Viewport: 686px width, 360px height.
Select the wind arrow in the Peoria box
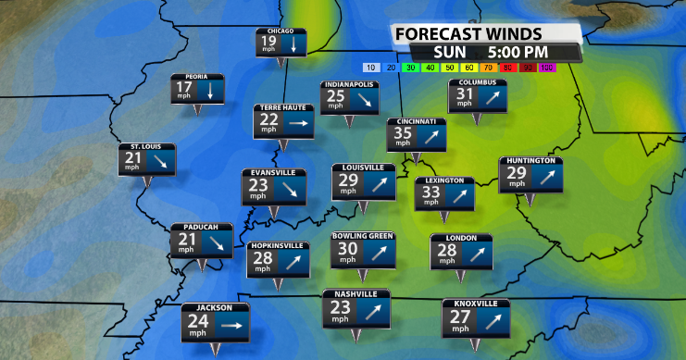click(210, 90)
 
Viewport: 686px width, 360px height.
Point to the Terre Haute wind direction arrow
click(298, 120)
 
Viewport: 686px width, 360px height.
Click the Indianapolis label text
click(349, 85)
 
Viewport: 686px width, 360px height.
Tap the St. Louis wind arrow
click(159, 161)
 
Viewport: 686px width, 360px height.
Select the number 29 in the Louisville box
click(348, 180)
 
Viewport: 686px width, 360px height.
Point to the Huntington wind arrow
click(544, 173)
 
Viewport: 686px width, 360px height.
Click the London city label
click(461, 238)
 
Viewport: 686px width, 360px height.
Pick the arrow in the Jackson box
click(231, 325)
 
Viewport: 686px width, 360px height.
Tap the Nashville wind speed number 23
click(339, 307)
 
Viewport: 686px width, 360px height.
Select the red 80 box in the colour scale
click(507, 68)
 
